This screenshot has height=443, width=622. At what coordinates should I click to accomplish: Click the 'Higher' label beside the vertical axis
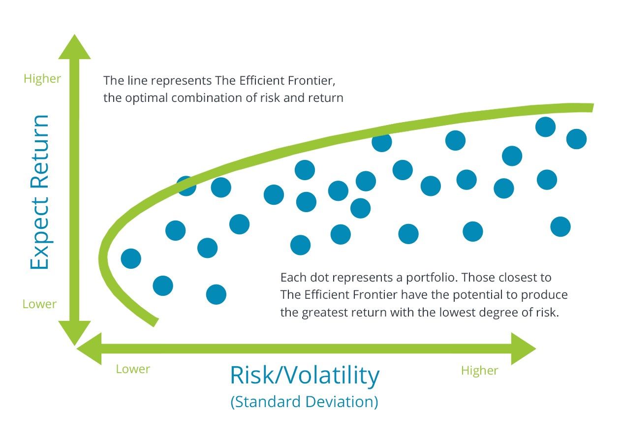pos(42,79)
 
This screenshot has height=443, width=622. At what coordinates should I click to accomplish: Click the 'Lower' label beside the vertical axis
pos(39,304)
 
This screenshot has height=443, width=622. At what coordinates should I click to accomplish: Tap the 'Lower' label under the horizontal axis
pos(133,369)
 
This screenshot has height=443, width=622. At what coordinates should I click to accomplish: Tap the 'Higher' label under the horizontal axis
pos(480,371)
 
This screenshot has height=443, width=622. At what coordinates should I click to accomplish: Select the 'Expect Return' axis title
pos(39,192)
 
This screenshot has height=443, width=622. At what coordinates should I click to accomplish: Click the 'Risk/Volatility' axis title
pos(305,376)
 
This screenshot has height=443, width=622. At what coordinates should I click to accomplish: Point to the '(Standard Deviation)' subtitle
pos(304,402)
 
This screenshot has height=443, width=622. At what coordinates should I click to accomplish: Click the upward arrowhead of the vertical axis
pos(74,47)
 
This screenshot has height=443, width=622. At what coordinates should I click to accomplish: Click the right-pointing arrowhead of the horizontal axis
pos(524,348)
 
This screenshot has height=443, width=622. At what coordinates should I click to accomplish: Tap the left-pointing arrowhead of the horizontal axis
pos(89,348)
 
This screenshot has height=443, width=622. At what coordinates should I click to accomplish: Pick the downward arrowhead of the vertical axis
pos(74,333)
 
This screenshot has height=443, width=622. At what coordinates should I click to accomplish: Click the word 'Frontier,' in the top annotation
pos(311,81)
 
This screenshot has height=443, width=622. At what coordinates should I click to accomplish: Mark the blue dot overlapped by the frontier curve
pos(187,186)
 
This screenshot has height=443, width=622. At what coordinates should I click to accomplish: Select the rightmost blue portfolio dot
pos(576,139)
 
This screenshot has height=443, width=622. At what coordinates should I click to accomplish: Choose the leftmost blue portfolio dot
pos(131,258)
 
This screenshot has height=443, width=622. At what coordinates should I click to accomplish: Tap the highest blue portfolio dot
pos(545,127)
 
